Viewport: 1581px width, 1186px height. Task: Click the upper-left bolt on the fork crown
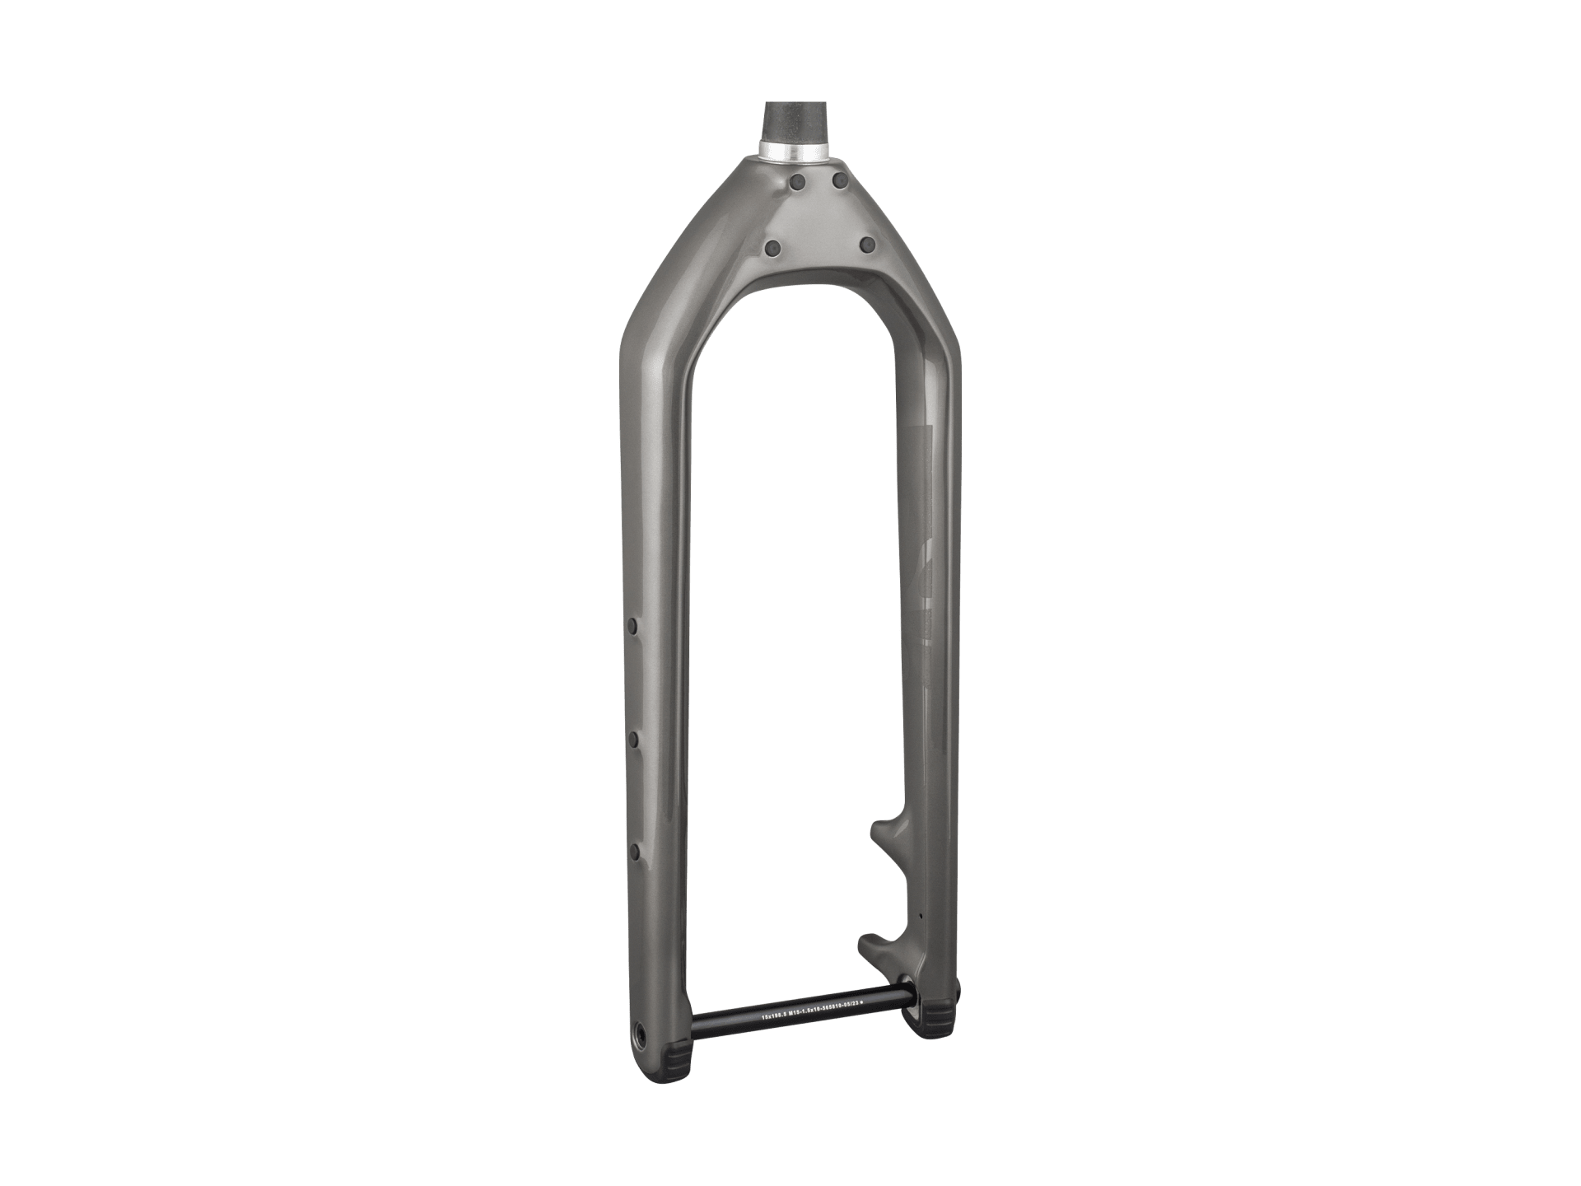[797, 182]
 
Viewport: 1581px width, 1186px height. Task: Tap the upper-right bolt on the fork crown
[840, 180]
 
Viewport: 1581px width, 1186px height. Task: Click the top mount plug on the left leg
[632, 626]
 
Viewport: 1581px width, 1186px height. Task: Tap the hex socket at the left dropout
[641, 1033]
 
